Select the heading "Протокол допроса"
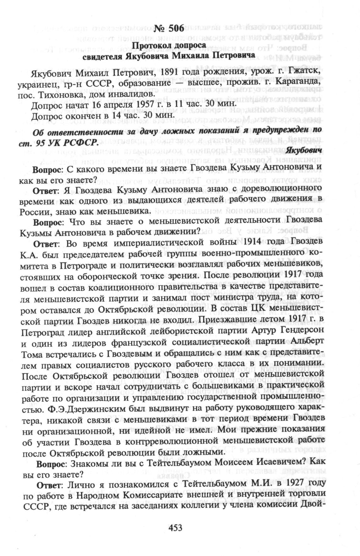[169, 45]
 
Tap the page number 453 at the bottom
[176, 528]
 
